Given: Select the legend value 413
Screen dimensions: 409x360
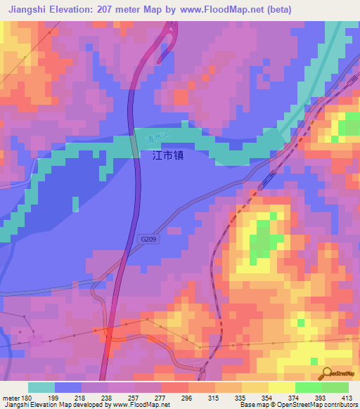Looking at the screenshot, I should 347,397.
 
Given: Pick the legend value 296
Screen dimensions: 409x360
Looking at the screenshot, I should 187,397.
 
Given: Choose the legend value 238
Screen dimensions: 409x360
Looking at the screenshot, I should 107,397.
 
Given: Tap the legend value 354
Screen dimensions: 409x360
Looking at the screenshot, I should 267,397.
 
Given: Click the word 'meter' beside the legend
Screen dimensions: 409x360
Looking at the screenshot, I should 12,397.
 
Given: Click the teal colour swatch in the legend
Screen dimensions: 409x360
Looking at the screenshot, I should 41,387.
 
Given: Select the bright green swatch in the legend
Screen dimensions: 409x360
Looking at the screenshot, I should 308,387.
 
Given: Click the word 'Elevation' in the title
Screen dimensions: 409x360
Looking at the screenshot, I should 76,9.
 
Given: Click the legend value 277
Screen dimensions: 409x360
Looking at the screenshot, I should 160,397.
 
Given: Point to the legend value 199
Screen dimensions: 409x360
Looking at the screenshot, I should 53,397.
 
